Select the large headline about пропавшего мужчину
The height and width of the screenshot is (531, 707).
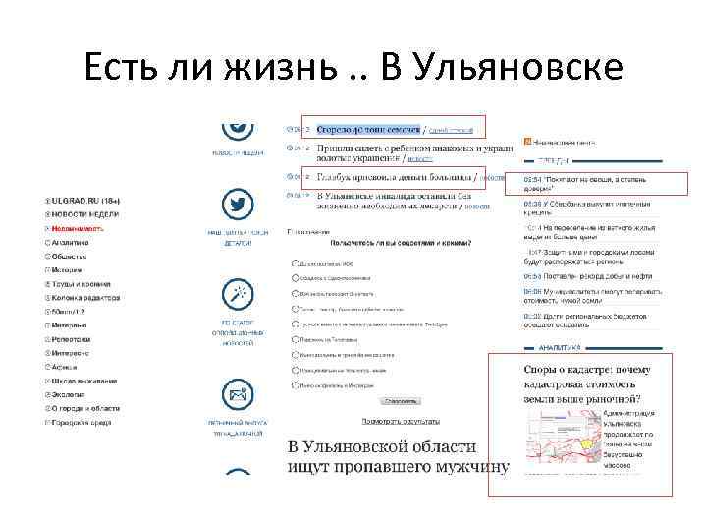pos(399,456)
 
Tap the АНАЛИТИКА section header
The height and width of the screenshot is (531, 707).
pos(560,346)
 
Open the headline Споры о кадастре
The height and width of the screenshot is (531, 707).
pos(579,384)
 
